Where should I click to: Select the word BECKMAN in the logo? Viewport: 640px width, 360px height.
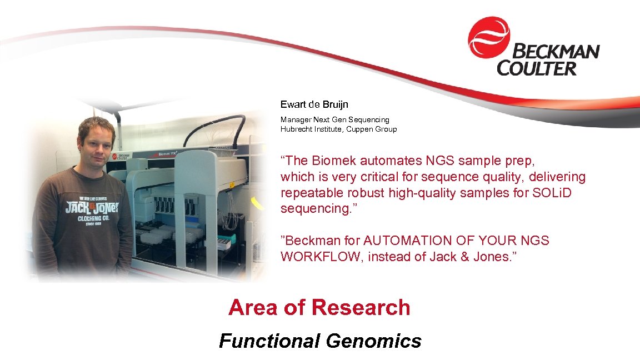[555, 52]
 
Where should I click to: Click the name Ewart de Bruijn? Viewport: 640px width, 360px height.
[314, 104]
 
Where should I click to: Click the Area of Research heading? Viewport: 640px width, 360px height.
[319, 307]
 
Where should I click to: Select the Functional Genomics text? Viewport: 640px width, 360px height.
[320, 341]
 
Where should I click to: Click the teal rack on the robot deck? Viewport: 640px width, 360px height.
[226, 240]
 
